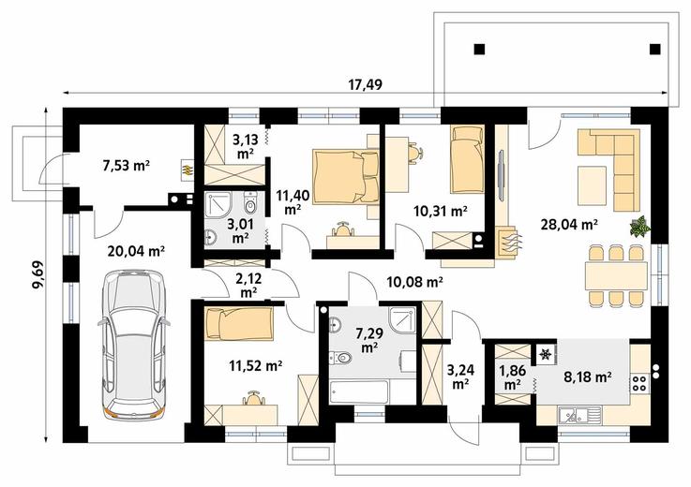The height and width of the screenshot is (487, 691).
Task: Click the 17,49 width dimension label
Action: coord(366,84)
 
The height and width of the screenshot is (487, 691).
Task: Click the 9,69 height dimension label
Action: coord(38,274)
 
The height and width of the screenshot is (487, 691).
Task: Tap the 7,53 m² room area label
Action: coord(126,166)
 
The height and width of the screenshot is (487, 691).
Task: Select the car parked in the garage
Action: coord(133,345)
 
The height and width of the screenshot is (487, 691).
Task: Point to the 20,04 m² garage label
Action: coord(136,251)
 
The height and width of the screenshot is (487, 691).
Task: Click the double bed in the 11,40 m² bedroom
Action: coord(345,177)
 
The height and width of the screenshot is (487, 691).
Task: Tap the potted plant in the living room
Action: coord(639,226)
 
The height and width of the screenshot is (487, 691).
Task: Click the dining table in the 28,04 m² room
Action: coord(617,275)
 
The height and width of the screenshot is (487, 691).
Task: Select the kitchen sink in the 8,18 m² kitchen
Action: coord(580,415)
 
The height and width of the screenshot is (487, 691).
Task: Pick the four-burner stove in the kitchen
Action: coord(639,383)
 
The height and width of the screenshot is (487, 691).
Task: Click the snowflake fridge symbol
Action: coord(546,354)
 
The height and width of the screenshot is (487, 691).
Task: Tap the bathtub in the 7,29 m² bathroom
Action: coord(359,391)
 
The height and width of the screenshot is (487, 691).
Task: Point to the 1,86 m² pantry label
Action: coord(512,376)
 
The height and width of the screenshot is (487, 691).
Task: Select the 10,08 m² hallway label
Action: coord(414,281)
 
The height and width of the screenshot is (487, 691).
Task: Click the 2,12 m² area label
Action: coord(249,285)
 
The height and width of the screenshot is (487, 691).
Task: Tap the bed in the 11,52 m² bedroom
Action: coord(238,324)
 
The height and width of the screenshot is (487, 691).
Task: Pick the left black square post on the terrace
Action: coord(479,49)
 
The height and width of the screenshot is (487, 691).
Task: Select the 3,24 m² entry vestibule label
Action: coord(460,376)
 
